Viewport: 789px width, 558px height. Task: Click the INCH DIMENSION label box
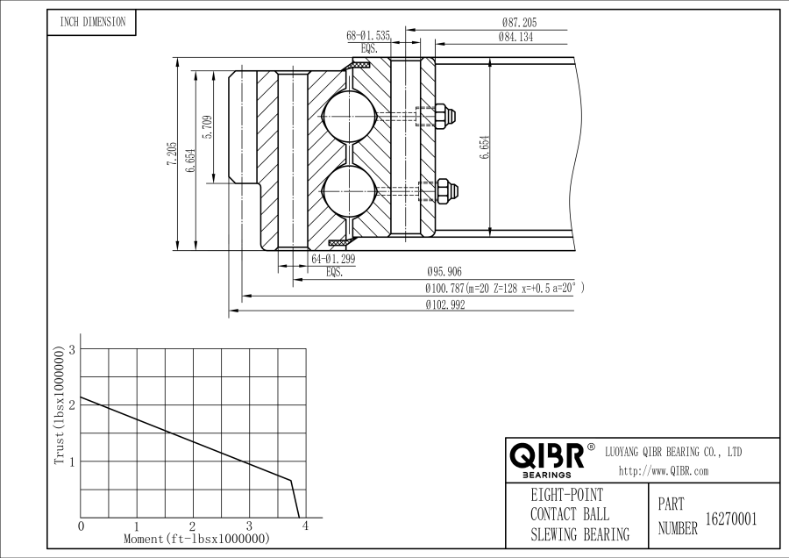coord(91,22)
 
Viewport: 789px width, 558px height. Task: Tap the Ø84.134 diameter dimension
coord(516,37)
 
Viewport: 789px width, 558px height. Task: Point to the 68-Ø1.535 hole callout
coord(369,36)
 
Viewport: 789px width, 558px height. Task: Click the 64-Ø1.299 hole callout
coord(334,260)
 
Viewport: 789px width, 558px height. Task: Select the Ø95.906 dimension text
coord(445,272)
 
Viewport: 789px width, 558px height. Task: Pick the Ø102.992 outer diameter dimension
coord(444,305)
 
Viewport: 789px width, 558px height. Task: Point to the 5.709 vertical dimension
coord(207,127)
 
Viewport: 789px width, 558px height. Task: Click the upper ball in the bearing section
coord(348,116)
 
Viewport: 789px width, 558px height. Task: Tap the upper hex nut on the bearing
coord(446,116)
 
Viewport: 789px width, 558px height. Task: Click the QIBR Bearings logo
coord(547,459)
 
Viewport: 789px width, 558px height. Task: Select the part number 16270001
coord(731,519)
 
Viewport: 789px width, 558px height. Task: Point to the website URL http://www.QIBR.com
coord(664,471)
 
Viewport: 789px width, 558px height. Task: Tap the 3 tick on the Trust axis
coord(73,349)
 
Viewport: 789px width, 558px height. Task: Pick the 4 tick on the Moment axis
coord(306,526)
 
